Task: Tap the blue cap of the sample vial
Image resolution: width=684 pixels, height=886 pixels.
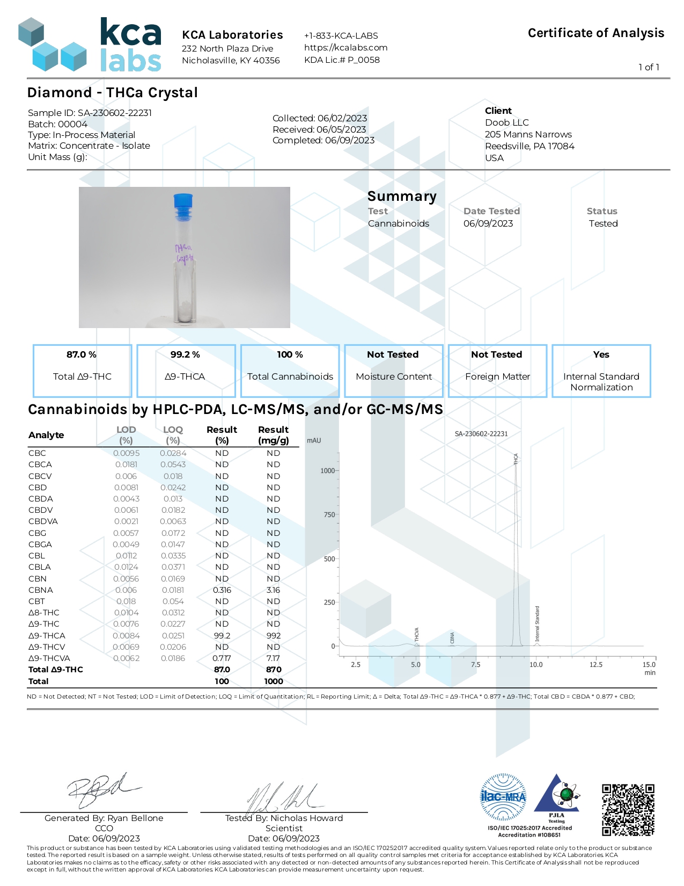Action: [183, 201]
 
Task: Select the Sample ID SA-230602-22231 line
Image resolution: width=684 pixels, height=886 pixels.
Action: [90, 113]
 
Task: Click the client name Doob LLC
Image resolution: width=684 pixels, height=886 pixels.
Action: [506, 122]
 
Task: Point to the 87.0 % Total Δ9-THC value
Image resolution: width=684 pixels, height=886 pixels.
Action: [82, 354]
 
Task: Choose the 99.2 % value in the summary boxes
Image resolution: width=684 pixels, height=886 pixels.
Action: [185, 354]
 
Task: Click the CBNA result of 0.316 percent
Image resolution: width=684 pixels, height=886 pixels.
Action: [222, 590]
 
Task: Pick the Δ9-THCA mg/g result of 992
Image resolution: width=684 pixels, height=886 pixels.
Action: [274, 636]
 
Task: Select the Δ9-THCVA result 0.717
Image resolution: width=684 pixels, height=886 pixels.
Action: [222, 658]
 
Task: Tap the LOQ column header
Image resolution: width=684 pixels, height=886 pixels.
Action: [173, 435]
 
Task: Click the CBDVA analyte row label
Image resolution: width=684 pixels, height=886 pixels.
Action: [43, 521]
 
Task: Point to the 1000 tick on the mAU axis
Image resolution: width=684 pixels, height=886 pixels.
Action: [327, 471]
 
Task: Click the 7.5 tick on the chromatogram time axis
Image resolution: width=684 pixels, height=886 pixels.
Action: [476, 665]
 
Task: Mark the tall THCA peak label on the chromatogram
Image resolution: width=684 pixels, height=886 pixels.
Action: [516, 459]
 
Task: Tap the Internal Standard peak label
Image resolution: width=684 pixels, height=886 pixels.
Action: [538, 624]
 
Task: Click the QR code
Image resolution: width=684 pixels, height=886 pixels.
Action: [628, 810]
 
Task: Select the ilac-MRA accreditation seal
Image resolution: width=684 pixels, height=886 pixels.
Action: [503, 797]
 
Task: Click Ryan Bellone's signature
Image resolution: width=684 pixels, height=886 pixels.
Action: [102, 789]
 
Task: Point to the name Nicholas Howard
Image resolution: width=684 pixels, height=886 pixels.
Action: [306, 818]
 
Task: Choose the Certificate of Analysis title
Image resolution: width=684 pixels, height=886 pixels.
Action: [595, 33]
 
